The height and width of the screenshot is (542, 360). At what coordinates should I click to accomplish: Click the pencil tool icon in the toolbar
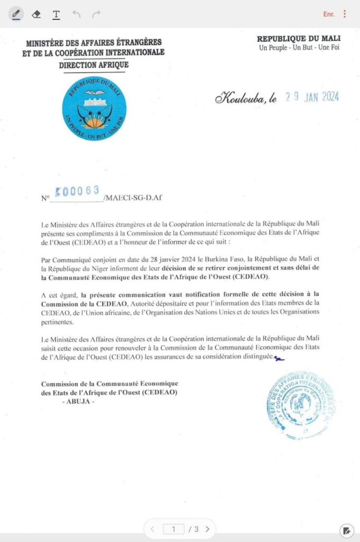(x=16, y=14)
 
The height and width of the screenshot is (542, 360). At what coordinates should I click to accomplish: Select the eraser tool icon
(x=36, y=14)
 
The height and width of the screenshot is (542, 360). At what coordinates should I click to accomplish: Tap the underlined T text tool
(x=56, y=14)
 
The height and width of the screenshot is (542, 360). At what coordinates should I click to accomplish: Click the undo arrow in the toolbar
(x=76, y=14)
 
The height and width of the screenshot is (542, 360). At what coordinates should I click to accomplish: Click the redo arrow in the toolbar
(x=96, y=14)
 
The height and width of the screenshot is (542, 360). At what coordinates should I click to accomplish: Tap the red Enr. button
(x=329, y=14)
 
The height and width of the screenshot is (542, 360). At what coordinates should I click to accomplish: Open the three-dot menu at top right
(x=345, y=14)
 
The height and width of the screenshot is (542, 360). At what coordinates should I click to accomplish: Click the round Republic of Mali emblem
(x=94, y=109)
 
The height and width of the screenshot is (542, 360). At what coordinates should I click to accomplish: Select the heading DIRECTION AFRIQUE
(x=94, y=66)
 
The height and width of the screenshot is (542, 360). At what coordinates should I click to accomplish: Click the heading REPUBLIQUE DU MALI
(x=299, y=39)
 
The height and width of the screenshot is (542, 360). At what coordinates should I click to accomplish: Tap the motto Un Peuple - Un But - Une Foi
(x=299, y=48)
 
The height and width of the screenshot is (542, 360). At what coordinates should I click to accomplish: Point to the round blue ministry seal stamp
(x=300, y=405)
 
